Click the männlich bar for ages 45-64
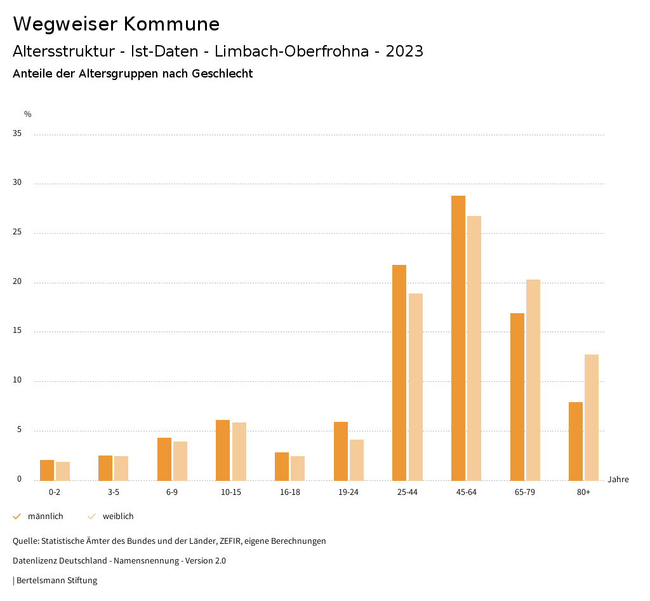458,338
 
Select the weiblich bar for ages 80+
592,417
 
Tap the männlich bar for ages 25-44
399,373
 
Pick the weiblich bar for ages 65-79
533,380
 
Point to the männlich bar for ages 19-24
341,451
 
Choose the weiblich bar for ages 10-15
239,452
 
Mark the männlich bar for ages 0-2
47,470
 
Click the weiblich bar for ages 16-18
298,468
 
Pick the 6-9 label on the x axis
172,492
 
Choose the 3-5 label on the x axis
114,492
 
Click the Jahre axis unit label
618,480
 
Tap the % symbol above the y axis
28,114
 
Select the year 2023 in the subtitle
404,51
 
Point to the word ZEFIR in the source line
230,541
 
